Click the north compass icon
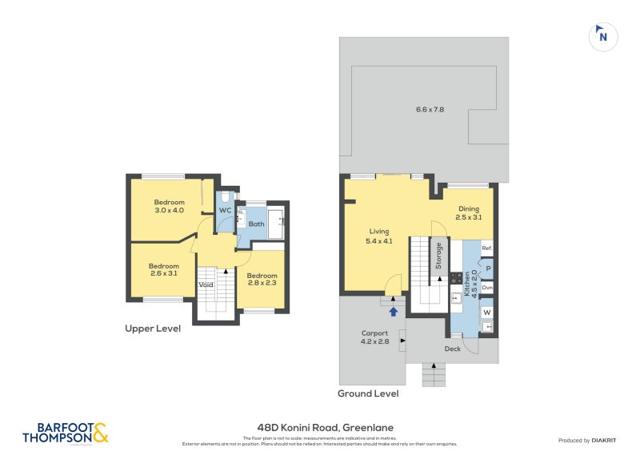tap(604, 36)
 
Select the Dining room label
tap(469, 212)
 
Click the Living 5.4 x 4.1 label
tap(379, 236)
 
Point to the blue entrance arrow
tap(393, 311)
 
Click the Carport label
tap(374, 337)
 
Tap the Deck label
tap(452, 349)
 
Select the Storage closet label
tap(438, 256)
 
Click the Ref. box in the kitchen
tap(486, 248)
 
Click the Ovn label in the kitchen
tap(486, 287)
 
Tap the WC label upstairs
tap(226, 211)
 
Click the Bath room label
tap(256, 224)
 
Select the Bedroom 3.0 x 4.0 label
tap(170, 206)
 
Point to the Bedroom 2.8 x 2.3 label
tap(262, 280)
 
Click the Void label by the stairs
tap(206, 284)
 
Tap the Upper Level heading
tap(152, 329)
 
